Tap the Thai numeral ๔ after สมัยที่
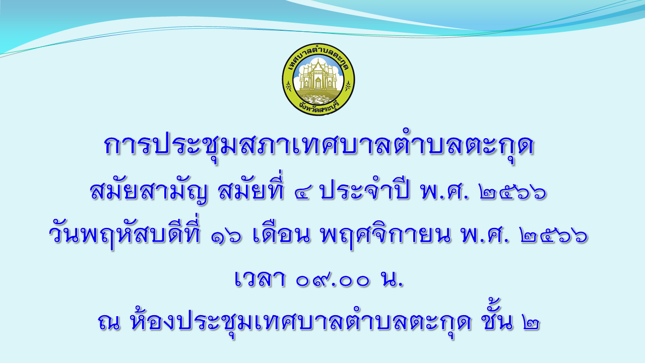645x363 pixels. (x=304, y=193)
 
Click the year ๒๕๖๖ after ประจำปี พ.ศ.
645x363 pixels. (x=513, y=193)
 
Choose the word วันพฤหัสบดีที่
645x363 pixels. (x=124, y=236)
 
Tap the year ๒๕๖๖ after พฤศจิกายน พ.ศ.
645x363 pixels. (x=554, y=238)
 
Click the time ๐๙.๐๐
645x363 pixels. (x=333, y=280)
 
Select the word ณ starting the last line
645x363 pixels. (x=109, y=322)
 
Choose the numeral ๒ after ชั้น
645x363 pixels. (x=530, y=323)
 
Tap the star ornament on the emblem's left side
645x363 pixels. (x=288, y=86)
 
